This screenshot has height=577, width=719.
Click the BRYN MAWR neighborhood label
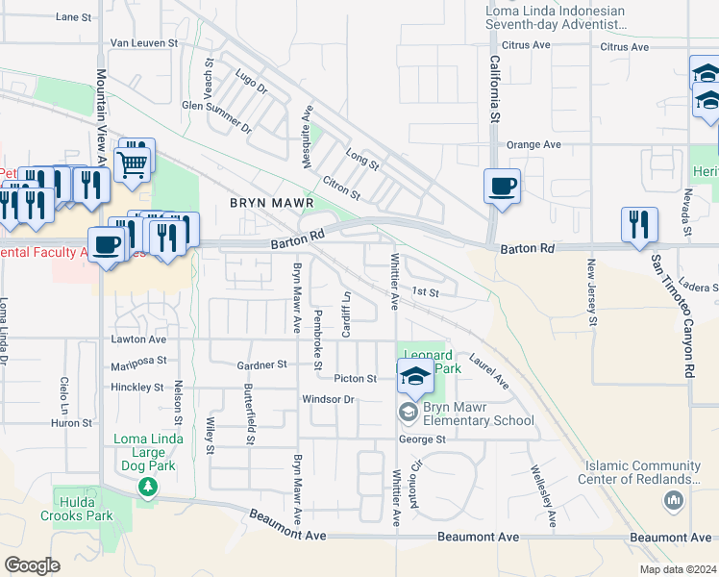point(272,205)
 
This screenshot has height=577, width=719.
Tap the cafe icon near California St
point(502,186)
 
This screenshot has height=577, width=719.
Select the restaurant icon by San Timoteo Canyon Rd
point(639,225)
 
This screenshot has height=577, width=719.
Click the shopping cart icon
point(134,161)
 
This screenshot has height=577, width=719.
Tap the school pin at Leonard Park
point(415,376)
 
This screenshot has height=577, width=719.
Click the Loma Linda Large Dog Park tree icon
point(148,488)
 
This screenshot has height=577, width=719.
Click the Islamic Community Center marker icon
point(673,500)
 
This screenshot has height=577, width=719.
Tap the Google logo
point(32,564)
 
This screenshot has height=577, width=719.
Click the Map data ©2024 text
point(677,569)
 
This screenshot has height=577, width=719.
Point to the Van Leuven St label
point(145,43)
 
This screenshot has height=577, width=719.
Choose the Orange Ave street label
point(533,144)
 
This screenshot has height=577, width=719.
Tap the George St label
point(423,439)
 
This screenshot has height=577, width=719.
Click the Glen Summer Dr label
point(216,115)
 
